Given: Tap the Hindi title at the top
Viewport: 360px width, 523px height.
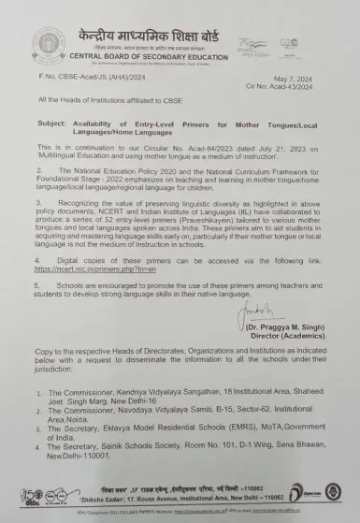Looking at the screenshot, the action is (x=168, y=21).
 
